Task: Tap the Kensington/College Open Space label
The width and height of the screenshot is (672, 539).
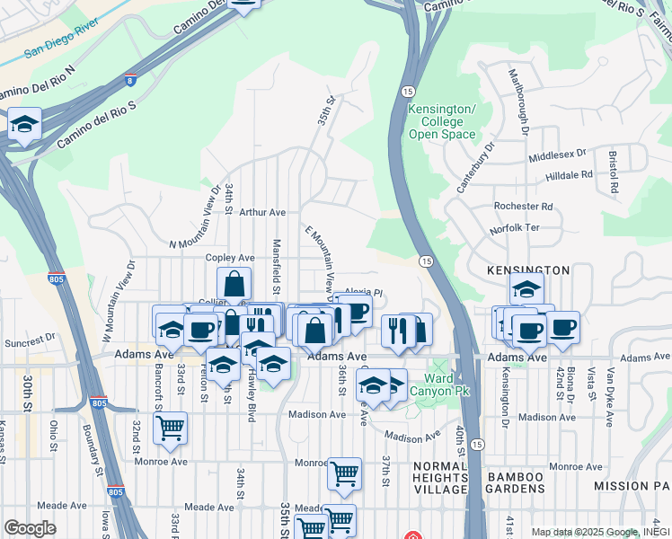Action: tap(436, 121)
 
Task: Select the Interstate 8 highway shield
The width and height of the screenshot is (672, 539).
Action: tap(132, 81)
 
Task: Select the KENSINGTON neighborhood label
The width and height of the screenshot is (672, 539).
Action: tap(528, 269)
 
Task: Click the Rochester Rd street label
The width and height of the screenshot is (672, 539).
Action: tap(523, 206)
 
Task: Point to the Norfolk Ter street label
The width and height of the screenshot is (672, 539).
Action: tap(514, 229)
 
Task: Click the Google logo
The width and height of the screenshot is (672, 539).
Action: tap(30, 527)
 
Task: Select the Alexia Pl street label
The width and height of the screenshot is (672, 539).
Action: tap(366, 292)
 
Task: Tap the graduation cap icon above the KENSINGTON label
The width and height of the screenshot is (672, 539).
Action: tap(526, 288)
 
